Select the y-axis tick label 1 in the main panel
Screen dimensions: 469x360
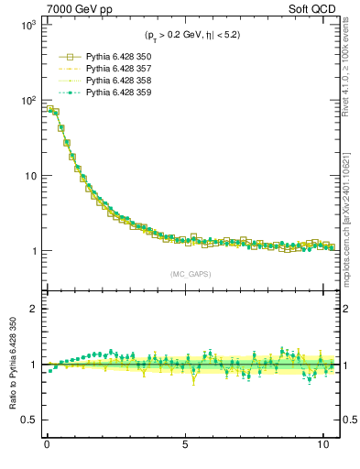coord(32,251)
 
